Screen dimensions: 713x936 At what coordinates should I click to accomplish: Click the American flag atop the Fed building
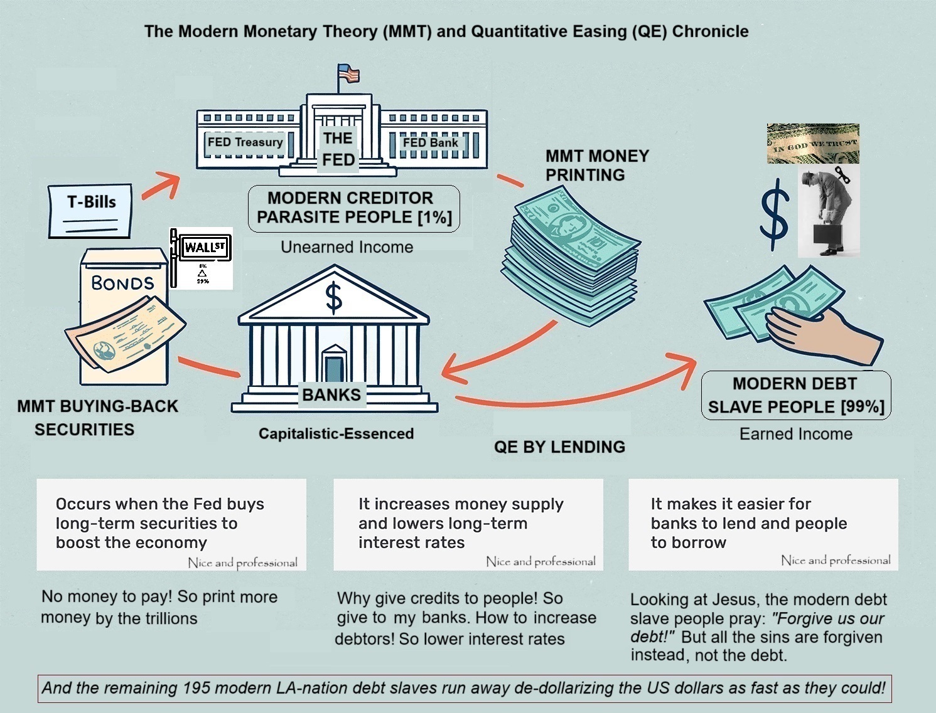pyautogui.click(x=348, y=73)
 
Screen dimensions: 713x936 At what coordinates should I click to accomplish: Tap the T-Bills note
pyautogui.click(x=91, y=210)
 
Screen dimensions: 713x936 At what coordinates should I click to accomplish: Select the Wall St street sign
pyautogui.click(x=205, y=247)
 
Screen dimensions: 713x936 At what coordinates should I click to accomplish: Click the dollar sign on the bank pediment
pyautogui.click(x=334, y=298)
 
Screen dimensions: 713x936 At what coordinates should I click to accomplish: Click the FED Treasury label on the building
pyautogui.click(x=245, y=142)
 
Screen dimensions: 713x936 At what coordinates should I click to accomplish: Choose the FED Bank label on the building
pyautogui.click(x=430, y=142)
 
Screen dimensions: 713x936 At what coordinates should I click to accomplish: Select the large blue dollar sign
pyautogui.click(x=775, y=210)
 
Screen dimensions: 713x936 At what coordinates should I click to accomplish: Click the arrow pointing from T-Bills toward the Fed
pyautogui.click(x=160, y=185)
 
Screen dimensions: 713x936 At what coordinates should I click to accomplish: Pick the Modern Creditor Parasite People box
pyautogui.click(x=353, y=208)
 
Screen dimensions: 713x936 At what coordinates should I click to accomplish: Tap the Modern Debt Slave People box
pyautogui.click(x=795, y=395)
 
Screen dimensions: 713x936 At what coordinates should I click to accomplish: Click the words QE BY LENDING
pyautogui.click(x=559, y=447)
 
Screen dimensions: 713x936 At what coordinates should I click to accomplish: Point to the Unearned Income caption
pyautogui.click(x=347, y=247)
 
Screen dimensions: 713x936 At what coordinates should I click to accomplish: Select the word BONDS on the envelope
pyautogui.click(x=122, y=283)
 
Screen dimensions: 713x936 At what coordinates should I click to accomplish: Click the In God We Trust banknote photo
pyautogui.click(x=813, y=144)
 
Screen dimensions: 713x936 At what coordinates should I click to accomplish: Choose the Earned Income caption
pyautogui.click(x=795, y=434)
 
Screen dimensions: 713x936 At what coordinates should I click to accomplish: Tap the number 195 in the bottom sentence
pyautogui.click(x=196, y=688)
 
